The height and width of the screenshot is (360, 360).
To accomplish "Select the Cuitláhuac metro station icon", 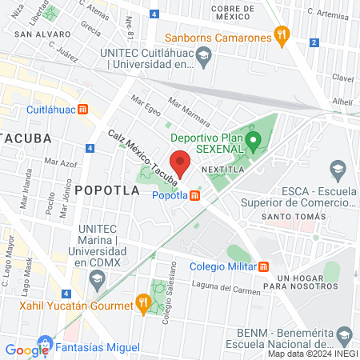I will click(82, 110).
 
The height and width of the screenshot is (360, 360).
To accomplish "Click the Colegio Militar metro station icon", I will click(265, 266).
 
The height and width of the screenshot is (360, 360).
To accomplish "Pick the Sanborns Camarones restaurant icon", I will click(281, 34).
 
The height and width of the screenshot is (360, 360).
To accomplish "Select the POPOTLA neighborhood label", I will click(107, 190).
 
